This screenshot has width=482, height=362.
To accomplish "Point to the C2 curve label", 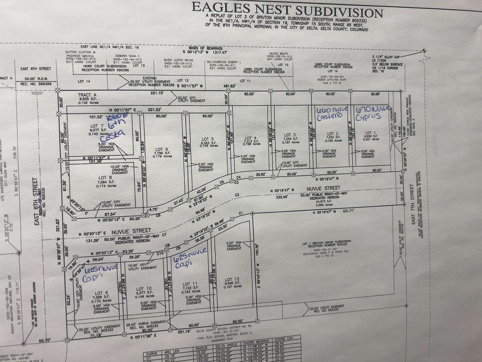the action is click(237, 195).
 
